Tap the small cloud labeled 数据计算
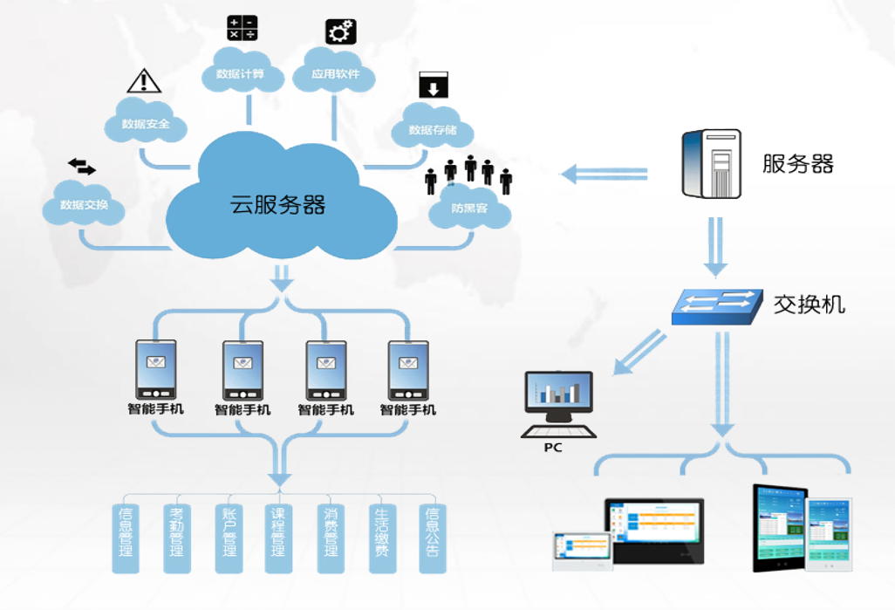click(243, 74)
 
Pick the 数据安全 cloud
click(147, 124)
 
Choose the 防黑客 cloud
click(469, 209)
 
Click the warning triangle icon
click(144, 80)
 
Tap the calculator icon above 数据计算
click(242, 28)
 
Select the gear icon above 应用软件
click(341, 31)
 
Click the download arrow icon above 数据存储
click(434, 85)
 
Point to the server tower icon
click(711, 164)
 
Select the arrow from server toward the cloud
click(604, 175)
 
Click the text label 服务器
click(797, 163)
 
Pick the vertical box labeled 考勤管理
click(176, 538)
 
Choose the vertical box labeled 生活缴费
click(381, 538)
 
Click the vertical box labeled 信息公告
click(433, 538)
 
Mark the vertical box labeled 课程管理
click(278, 538)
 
